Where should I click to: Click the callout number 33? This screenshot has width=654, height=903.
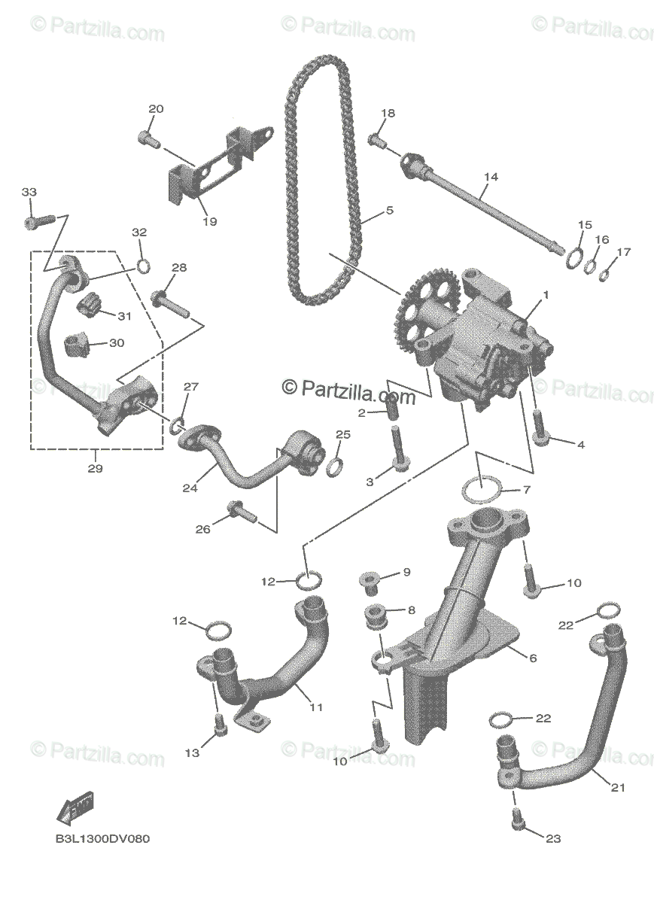click(29, 193)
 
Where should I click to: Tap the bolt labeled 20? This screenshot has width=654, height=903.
click(148, 138)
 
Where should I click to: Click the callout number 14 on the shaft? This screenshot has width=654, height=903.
click(491, 177)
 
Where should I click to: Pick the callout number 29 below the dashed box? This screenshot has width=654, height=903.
click(95, 469)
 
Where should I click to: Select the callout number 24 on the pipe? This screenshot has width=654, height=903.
click(190, 488)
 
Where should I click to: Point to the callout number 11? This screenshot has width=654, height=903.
click(316, 707)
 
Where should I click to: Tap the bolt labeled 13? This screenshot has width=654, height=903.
click(220, 725)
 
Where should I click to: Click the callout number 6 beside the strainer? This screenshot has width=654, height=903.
click(533, 658)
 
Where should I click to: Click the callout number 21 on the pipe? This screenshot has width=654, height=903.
click(618, 788)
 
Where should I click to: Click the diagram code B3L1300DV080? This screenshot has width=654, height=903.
click(102, 839)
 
